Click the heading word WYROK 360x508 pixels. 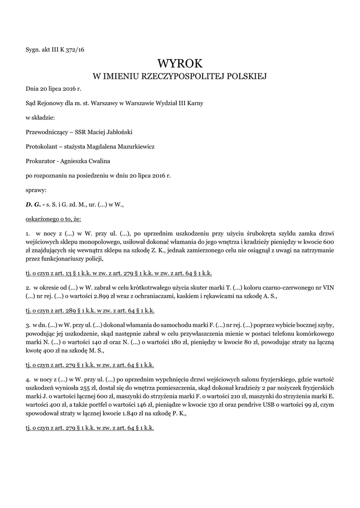pyautogui.click(x=180, y=63)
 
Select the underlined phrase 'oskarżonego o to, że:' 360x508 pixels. pyautogui.click(x=53, y=218)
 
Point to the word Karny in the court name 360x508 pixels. pyautogui.click(x=193, y=103)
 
